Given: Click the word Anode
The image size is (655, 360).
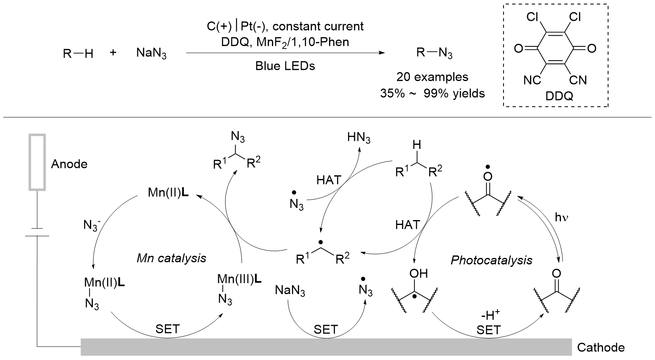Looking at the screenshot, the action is click(x=69, y=164).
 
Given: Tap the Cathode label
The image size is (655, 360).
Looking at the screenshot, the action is click(x=600, y=347).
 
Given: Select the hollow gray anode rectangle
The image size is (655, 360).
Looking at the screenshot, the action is click(x=37, y=162).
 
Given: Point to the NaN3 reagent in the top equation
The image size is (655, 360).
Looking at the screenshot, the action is click(x=151, y=54).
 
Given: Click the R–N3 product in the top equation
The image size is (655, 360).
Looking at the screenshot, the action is click(x=434, y=53).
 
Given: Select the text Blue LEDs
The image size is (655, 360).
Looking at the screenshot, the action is click(x=285, y=66).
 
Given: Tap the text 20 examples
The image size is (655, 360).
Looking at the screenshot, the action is click(x=432, y=77).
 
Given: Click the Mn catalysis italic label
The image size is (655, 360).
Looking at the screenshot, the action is click(x=171, y=257).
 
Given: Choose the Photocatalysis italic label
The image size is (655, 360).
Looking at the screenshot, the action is click(x=491, y=260).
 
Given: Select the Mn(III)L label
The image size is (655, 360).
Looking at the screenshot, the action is click(x=239, y=279).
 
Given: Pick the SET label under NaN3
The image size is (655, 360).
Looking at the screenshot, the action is click(x=326, y=329).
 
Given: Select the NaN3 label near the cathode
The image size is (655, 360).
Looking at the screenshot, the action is click(x=290, y=291).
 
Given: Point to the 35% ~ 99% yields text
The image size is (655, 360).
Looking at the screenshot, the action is click(x=432, y=93).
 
